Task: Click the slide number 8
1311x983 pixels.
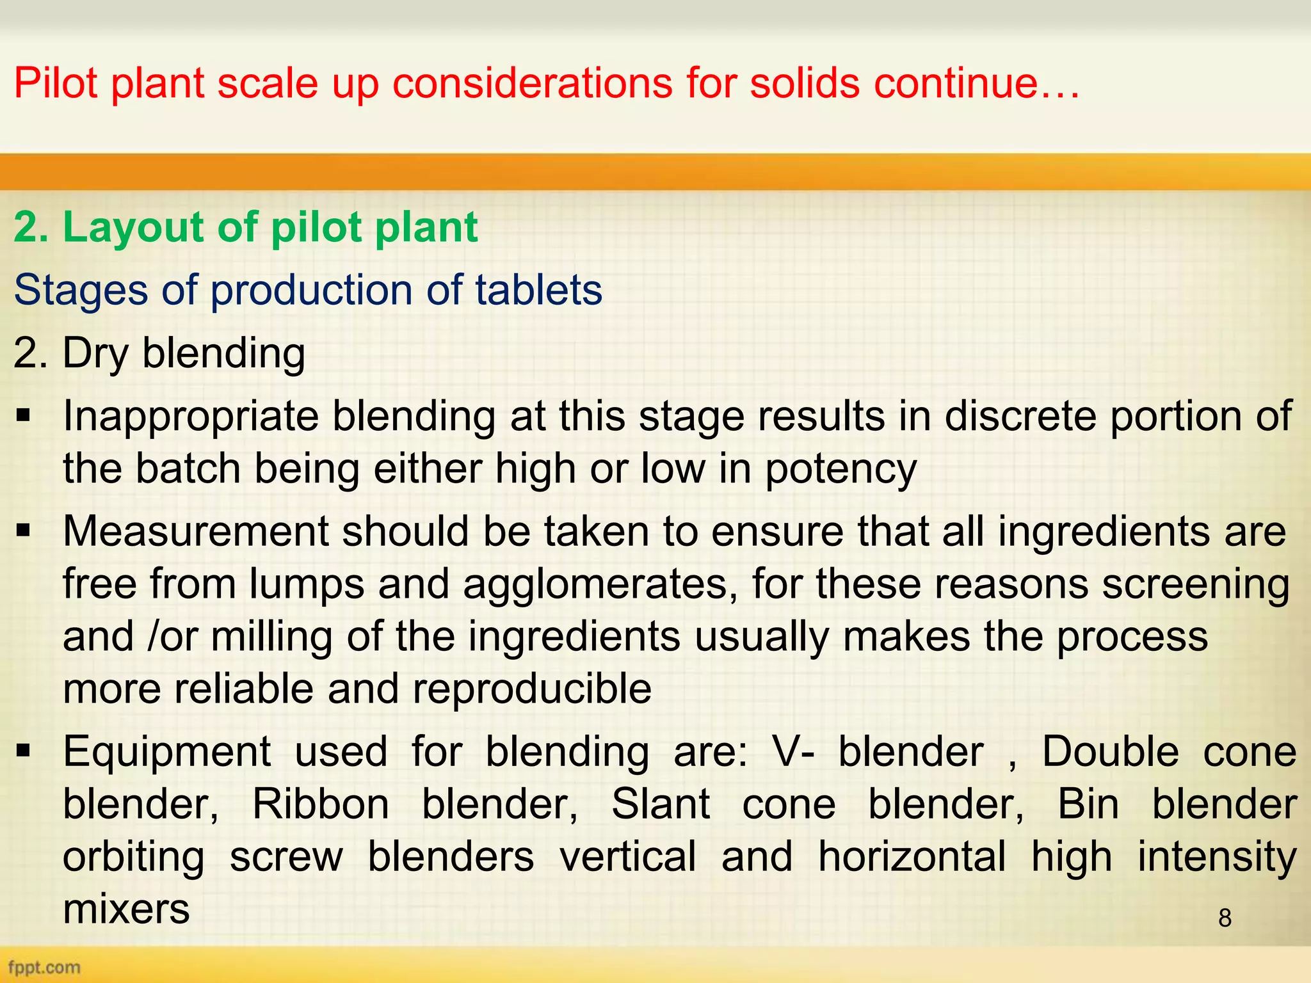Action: [x=1225, y=918]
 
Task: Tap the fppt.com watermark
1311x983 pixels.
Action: [x=44, y=966]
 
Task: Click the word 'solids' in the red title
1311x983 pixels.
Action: [x=804, y=83]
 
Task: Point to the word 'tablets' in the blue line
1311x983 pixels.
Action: [x=538, y=290]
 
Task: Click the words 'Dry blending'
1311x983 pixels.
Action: [x=183, y=353]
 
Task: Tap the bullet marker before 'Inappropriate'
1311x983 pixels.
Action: [x=24, y=417]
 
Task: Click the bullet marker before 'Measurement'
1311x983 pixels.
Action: [x=24, y=531]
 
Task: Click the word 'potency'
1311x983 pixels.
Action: [x=840, y=469]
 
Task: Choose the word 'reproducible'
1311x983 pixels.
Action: [x=532, y=689]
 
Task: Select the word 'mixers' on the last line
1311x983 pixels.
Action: [x=126, y=909]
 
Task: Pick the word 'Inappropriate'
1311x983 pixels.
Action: [x=191, y=417]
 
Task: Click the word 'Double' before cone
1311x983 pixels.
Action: [x=1110, y=751]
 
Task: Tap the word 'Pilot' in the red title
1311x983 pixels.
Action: [x=56, y=83]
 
